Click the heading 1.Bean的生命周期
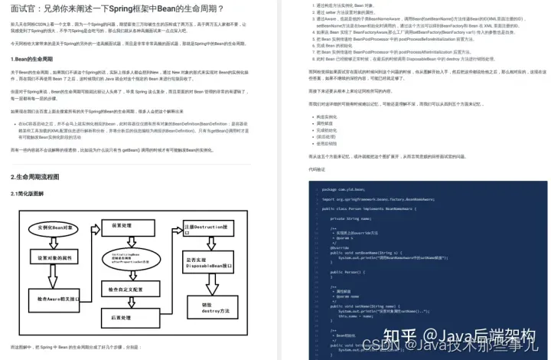[33, 59]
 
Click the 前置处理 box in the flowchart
[123, 227]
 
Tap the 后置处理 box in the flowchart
[123, 316]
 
